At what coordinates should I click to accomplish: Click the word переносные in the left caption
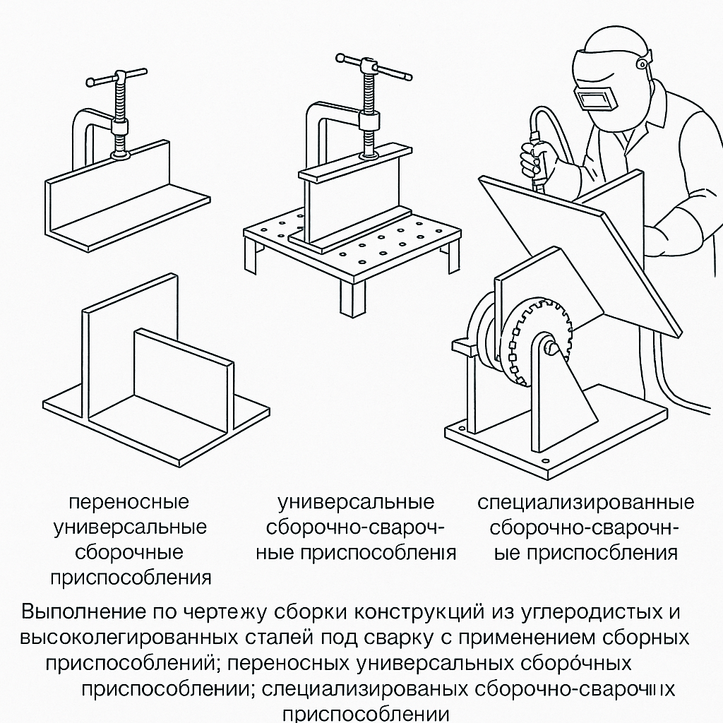click(129, 502)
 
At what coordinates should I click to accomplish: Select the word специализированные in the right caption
click(585, 503)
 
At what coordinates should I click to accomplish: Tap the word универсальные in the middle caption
click(356, 502)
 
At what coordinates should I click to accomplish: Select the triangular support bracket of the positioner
click(565, 395)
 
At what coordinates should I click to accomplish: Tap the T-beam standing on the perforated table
click(353, 205)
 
